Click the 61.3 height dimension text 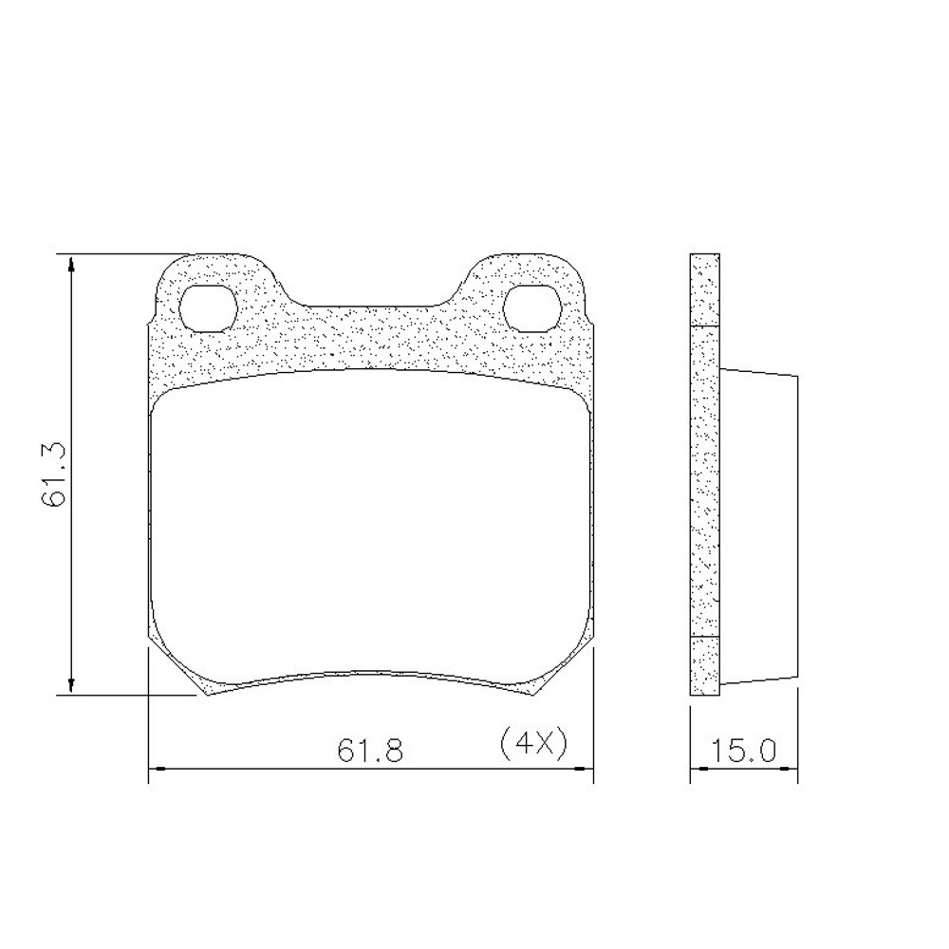(53, 475)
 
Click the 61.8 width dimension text (370, 751)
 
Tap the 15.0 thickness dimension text (744, 751)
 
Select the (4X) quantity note (533, 743)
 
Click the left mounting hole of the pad (208, 308)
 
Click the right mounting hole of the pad (533, 308)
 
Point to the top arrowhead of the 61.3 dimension (72, 265)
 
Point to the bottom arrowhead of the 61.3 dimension (72, 685)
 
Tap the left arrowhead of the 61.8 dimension (158, 769)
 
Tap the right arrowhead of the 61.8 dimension (584, 769)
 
